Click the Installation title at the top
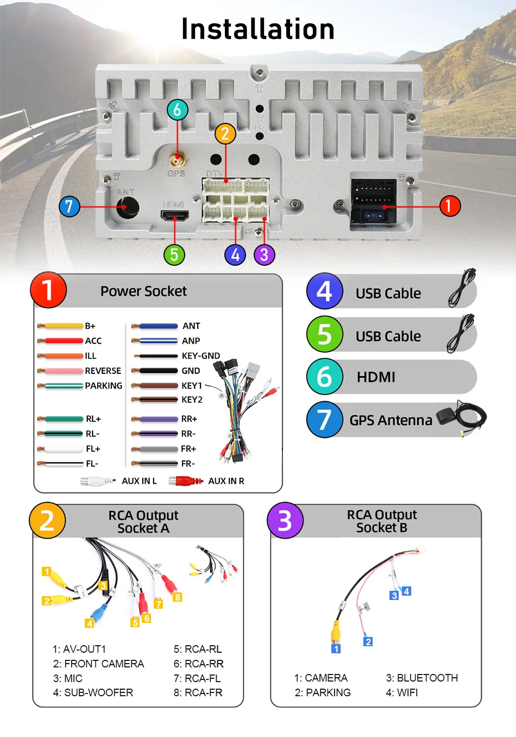257,29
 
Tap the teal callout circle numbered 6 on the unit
177,110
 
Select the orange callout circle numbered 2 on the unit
225,134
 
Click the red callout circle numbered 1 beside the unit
449,206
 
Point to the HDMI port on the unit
174,216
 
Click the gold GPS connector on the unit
177,160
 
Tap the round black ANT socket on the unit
127,207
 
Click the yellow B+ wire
63,326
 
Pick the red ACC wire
63,341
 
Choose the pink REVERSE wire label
103,371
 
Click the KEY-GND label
200,356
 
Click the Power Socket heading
143,291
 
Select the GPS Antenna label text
391,420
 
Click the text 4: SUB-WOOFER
93,692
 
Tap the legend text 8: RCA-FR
198,692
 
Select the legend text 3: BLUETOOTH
421,678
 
